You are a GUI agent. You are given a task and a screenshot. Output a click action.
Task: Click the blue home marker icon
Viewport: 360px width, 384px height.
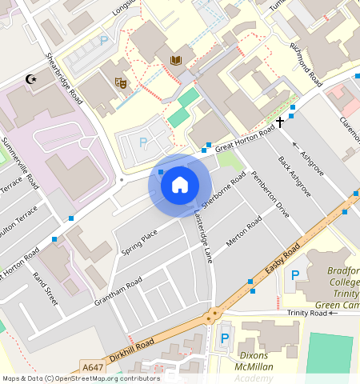click(180, 185)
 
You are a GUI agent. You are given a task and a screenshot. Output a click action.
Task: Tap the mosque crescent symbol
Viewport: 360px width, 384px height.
click(32, 79)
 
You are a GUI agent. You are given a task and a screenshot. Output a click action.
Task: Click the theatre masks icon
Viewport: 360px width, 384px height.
click(121, 82)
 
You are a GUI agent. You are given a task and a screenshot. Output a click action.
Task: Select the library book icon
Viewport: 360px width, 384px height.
click(176, 61)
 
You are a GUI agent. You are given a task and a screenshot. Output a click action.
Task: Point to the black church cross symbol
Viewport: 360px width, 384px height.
click(280, 122)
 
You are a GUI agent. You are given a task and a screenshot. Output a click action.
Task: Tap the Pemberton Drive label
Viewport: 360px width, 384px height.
click(270, 194)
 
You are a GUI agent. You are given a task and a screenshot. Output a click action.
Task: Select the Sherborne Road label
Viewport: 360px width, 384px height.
click(223, 188)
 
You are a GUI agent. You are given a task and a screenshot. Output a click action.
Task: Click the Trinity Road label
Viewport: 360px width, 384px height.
click(308, 312)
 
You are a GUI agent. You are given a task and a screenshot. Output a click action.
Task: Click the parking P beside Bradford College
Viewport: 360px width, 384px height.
click(295, 275)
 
